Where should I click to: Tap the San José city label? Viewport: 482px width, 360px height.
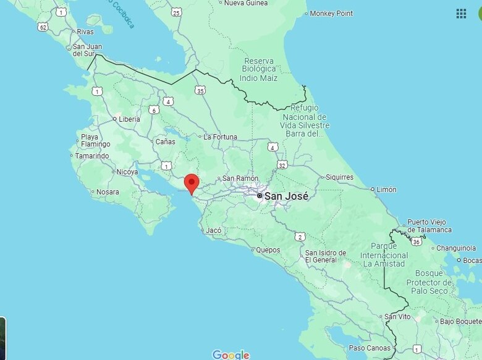pyautogui.click(x=286, y=196)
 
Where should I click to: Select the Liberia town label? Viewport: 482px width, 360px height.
pyautogui.click(x=129, y=119)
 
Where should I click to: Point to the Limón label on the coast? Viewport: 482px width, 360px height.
pyautogui.click(x=386, y=190)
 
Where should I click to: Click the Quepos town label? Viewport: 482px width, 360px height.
pyautogui.click(x=268, y=250)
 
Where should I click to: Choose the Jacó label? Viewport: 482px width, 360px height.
pyautogui.click(x=213, y=230)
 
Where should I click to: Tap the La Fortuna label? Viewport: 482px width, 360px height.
pyautogui.click(x=221, y=136)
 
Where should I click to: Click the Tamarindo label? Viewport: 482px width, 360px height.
pyautogui.click(x=92, y=156)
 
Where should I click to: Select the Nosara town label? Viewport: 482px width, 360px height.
pyautogui.click(x=108, y=192)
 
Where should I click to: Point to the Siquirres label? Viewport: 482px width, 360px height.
pyautogui.click(x=340, y=177)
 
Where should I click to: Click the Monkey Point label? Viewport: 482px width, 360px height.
pyautogui.click(x=331, y=14)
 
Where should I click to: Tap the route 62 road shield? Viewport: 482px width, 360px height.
pyautogui.click(x=43, y=27)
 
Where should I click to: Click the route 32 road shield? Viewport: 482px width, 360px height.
pyautogui.click(x=282, y=165)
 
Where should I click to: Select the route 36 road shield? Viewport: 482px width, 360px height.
pyautogui.click(x=416, y=241)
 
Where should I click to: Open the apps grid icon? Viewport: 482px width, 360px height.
pyautogui.click(x=461, y=14)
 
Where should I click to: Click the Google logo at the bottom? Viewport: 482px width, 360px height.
pyautogui.click(x=230, y=354)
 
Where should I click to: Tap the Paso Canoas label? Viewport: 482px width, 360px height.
pyautogui.click(x=370, y=348)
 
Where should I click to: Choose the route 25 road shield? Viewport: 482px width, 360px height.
pyautogui.click(x=177, y=12)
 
